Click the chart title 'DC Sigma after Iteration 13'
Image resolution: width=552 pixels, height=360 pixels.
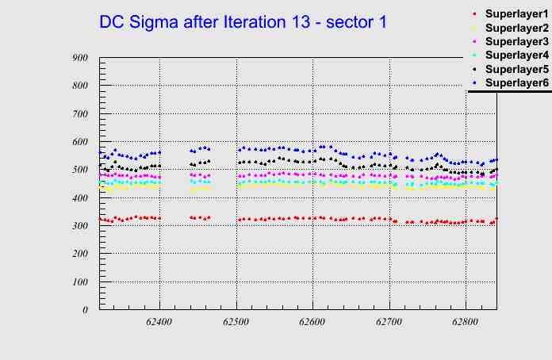(243, 22)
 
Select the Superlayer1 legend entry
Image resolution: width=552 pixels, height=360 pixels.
(516, 14)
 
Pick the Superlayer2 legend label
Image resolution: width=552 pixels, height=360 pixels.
(516, 28)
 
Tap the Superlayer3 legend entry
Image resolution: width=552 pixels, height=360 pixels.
(516, 41)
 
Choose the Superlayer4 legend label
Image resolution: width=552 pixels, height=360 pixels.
(516, 55)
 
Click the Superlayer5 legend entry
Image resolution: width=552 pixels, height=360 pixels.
(516, 69)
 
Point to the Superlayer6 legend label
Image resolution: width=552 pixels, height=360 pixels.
(516, 82)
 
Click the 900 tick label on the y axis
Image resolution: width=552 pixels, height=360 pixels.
(79, 58)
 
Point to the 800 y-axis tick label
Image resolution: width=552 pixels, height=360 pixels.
(79, 86)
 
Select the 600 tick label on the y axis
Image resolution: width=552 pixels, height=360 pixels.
(79, 142)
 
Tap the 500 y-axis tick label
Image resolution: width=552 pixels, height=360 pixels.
(79, 170)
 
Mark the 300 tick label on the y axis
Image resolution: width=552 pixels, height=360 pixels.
(79, 226)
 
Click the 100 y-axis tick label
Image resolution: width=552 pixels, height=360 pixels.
(79, 282)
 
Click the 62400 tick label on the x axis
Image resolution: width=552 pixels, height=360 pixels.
(159, 323)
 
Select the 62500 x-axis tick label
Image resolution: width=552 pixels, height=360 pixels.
(236, 323)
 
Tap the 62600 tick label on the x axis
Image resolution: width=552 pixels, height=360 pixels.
(312, 323)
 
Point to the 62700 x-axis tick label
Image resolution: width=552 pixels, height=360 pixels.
(389, 323)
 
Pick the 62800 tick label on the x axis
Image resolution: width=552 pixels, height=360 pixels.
(465, 323)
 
